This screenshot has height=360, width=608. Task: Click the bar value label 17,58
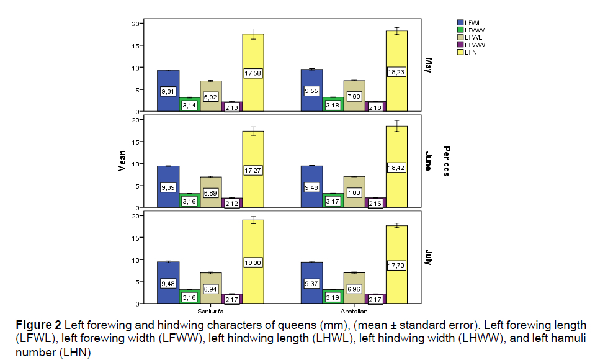tap(253, 74)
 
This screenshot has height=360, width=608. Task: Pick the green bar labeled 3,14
tap(189, 104)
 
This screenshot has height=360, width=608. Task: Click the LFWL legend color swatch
tap(459, 22)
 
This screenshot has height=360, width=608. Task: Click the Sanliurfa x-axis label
tap(210, 310)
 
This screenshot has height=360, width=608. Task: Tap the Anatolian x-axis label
tap(354, 310)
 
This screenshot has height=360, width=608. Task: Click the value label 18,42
tap(396, 169)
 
